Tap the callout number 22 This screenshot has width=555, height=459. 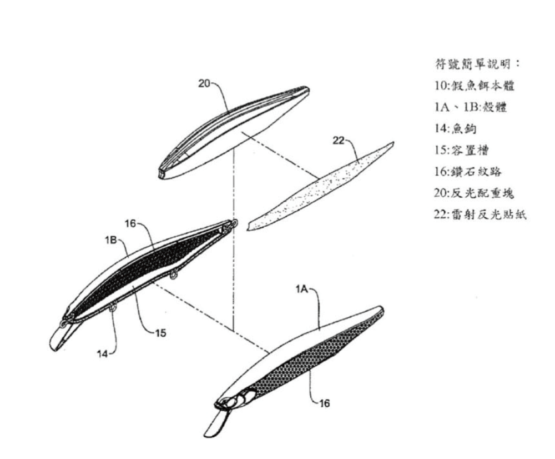339,141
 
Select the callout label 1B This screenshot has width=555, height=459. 111,240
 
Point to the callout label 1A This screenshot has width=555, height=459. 302,289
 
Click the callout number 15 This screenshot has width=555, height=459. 160,333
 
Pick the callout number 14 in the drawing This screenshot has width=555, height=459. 102,354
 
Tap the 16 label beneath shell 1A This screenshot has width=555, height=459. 324,403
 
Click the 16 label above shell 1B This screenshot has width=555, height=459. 130,223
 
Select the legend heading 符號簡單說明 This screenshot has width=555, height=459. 477,64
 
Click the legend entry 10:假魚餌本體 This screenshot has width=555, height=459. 475,86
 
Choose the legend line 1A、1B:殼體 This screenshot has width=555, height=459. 471,107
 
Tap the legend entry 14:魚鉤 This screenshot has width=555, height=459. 456,128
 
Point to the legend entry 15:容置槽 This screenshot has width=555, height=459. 461,150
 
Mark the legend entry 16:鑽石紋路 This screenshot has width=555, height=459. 468,172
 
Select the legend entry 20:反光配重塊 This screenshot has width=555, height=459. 474,193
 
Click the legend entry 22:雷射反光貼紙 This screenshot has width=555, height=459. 480,214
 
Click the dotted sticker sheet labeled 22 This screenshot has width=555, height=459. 320,187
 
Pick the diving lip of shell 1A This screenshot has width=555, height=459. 216,423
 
